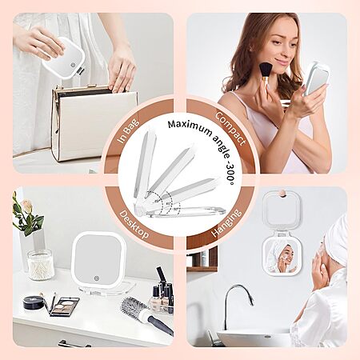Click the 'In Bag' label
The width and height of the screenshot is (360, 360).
click(x=129, y=131)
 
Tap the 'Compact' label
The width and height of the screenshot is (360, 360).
click(x=230, y=129)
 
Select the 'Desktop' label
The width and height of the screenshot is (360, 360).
click(x=134, y=225)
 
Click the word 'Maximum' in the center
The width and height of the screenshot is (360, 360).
click(x=190, y=127)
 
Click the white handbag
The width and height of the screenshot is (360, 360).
click(x=94, y=124)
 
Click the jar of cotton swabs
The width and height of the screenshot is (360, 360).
click(x=41, y=265)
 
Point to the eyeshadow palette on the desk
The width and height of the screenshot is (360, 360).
click(x=65, y=306)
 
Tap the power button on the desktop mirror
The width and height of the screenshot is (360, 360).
click(x=96, y=278)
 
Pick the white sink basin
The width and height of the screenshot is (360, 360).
click(x=254, y=338)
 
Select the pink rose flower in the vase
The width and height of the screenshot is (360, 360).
click(x=27, y=206)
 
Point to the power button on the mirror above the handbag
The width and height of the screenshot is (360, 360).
click(x=74, y=65)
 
